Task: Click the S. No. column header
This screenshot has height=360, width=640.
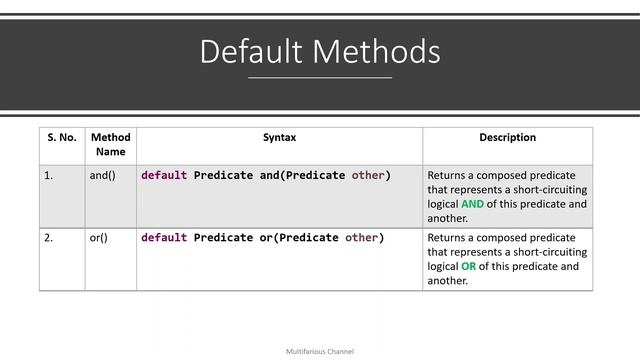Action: [62, 138]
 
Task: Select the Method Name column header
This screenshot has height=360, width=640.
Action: [110, 145]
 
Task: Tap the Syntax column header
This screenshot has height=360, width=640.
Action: [279, 138]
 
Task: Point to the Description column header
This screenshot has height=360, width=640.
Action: [507, 138]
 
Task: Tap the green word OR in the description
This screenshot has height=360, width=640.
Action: [470, 267]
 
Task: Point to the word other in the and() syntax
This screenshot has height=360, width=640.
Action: [368, 176]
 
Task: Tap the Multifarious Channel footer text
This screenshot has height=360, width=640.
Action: [319, 352]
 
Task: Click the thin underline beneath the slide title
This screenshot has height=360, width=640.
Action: [319, 77]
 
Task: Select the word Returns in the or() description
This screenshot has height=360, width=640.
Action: [447, 239]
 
